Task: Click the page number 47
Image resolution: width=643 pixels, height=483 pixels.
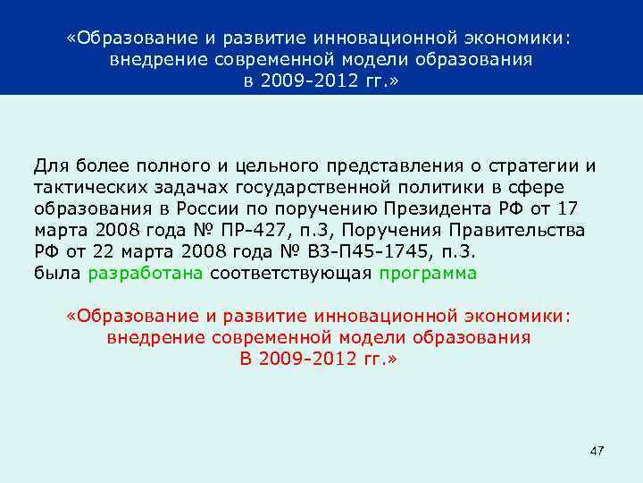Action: (597, 450)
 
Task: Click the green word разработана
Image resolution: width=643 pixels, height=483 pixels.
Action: (146, 273)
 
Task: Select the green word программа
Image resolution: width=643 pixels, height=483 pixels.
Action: (428, 273)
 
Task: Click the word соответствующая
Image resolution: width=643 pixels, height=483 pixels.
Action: (290, 273)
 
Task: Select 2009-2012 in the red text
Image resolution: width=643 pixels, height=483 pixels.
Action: (309, 359)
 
